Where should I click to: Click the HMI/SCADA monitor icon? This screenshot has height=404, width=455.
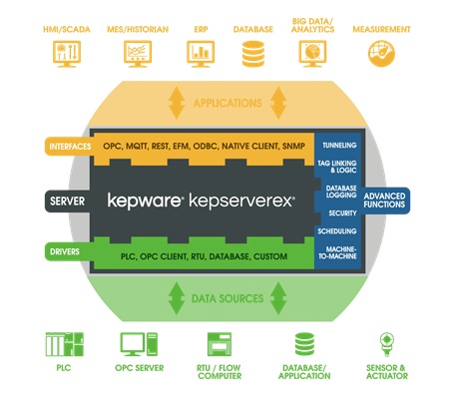point(67,54)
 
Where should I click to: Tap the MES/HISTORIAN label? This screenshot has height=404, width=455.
point(138,30)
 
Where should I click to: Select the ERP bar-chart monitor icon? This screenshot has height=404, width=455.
point(201,54)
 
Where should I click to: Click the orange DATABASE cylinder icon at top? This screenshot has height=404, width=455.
point(253,54)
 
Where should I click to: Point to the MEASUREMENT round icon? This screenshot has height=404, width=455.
point(381,54)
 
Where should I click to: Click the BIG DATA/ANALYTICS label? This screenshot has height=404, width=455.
point(312,25)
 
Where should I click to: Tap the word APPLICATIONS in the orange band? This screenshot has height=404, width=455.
point(227,103)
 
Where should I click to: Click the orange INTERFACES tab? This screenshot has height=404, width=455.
point(69,147)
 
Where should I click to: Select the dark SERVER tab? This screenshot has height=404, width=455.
point(68,202)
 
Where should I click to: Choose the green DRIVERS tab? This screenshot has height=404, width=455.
point(67,251)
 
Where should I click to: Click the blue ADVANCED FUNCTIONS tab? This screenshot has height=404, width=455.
point(385,201)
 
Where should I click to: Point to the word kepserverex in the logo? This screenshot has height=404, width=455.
point(241,202)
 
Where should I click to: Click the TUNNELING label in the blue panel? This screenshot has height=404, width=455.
point(339,145)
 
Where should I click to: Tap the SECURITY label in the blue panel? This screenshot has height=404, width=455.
point(342,213)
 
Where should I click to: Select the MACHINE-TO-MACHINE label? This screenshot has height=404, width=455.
point(337,252)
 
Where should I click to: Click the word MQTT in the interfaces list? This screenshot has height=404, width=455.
point(137,147)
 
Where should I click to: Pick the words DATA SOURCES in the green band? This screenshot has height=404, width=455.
point(227,298)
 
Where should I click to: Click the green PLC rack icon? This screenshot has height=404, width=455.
point(65,344)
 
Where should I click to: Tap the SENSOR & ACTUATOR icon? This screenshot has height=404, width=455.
point(387,344)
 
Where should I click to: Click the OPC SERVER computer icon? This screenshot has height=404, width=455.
point(139,344)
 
